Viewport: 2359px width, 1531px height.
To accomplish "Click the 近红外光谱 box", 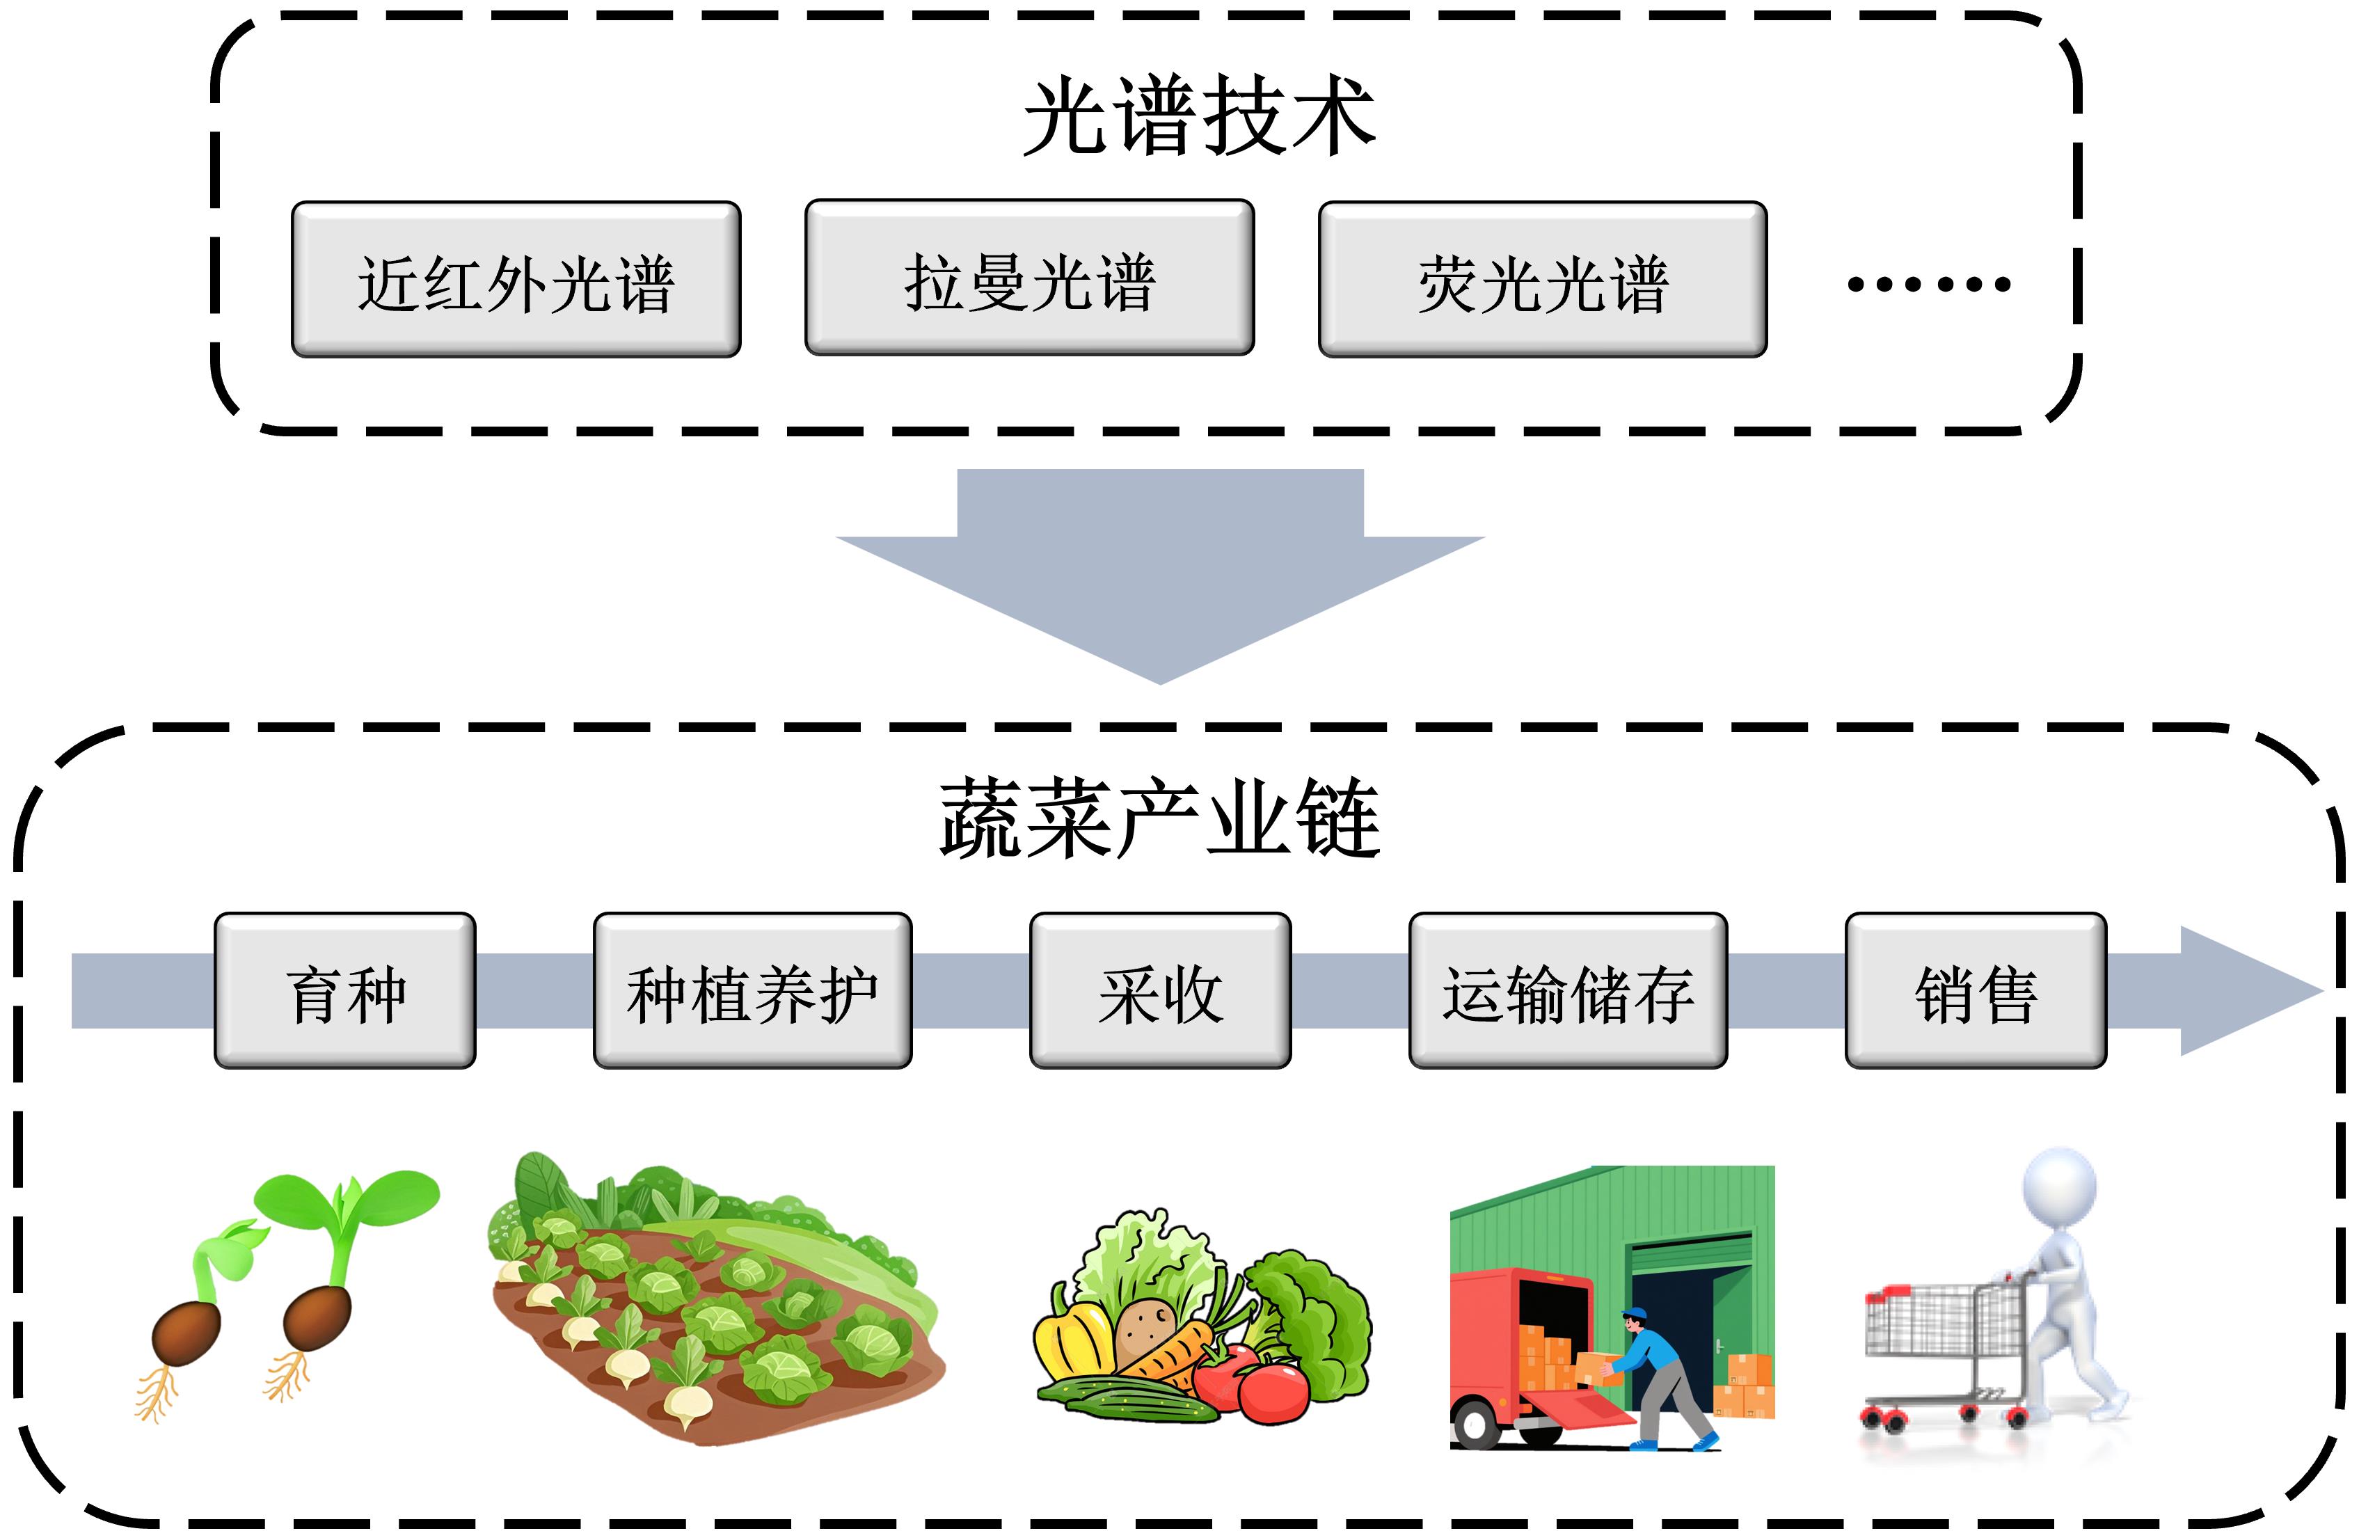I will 516,280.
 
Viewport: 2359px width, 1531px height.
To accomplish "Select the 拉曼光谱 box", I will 1028,278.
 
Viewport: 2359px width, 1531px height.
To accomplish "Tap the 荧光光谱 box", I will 1542,280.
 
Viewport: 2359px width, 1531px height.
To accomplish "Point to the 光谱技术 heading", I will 1198,117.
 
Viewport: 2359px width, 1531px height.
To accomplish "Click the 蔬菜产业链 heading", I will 1160,818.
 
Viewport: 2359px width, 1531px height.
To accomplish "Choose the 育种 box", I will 345,991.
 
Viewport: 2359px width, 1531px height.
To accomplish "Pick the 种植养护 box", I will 752,991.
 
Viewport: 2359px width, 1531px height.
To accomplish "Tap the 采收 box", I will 1160,991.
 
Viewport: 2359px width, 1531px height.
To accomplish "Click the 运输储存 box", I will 1568,991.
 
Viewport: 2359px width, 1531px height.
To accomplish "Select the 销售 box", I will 1976,991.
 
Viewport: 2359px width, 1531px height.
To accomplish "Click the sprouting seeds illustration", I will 287,1288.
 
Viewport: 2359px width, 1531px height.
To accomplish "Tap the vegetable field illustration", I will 714,1298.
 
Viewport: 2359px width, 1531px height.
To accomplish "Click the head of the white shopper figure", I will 2060,1187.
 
